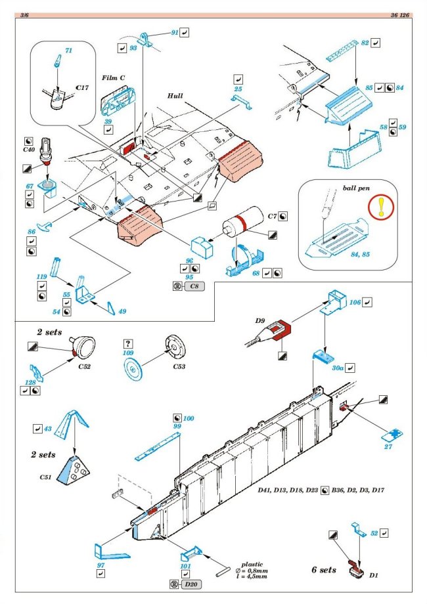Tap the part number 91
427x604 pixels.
[x=174, y=32]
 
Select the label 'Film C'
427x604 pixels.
[x=114, y=77]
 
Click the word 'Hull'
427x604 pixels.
[x=175, y=95]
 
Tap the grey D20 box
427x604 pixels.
[x=191, y=584]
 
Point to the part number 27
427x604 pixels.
[x=389, y=446]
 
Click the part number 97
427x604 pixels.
[x=101, y=565]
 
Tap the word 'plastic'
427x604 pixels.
[x=252, y=564]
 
